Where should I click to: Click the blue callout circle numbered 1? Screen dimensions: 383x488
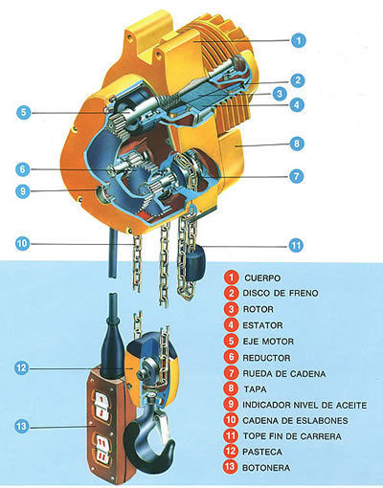click(x=299, y=40)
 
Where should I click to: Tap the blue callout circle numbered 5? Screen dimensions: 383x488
click(x=24, y=113)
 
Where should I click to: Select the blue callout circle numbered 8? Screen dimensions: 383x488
click(x=297, y=144)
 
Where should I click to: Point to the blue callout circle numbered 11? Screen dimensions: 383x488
click(x=296, y=245)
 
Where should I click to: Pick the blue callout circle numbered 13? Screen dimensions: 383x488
click(x=22, y=426)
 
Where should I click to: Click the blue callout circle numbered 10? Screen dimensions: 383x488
click(x=23, y=244)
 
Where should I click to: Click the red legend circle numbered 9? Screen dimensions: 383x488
click(x=231, y=405)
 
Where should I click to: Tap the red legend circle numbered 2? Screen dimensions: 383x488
click(x=231, y=293)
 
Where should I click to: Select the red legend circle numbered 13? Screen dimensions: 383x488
click(x=231, y=467)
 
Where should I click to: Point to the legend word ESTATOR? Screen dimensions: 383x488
click(x=262, y=325)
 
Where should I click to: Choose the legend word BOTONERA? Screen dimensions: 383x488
click(x=266, y=468)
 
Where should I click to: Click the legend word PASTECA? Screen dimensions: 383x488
click(x=262, y=452)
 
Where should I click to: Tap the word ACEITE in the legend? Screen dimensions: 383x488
click(x=351, y=405)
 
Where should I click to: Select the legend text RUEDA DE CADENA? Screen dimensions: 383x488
click(x=284, y=373)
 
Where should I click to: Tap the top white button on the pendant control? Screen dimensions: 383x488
click(x=101, y=398)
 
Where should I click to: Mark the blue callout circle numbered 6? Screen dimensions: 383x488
click(x=23, y=169)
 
